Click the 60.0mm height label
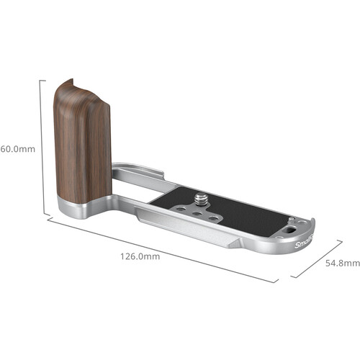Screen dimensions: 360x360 pos(15,149)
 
